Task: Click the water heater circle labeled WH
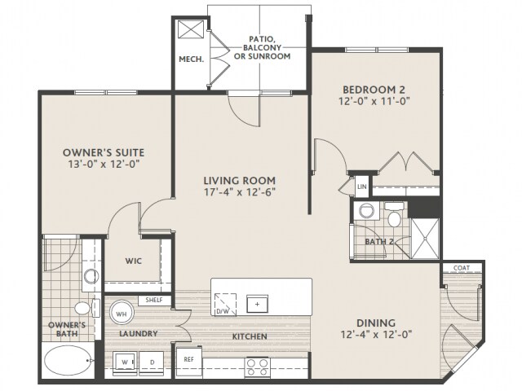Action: (x=122, y=314)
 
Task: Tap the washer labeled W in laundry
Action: (x=125, y=363)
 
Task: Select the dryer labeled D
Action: (x=152, y=363)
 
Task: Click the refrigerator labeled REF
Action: (x=188, y=362)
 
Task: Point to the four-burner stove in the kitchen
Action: (x=257, y=367)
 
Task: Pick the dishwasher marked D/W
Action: (x=225, y=304)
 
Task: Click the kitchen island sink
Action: (x=257, y=304)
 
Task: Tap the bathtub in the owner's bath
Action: (x=68, y=360)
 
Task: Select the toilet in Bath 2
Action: (x=395, y=215)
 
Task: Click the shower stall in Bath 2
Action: (x=426, y=238)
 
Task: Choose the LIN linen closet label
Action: (x=361, y=187)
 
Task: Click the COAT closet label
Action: (x=462, y=268)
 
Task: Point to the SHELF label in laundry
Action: (x=154, y=301)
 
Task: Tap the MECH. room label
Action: (x=192, y=59)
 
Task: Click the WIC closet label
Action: (x=133, y=261)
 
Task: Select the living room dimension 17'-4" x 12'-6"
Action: (x=240, y=192)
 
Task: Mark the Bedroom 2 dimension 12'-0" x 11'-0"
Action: (x=374, y=101)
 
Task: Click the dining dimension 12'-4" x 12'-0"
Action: (x=376, y=334)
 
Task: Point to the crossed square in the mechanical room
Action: (x=191, y=29)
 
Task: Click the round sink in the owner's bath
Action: (x=91, y=275)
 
